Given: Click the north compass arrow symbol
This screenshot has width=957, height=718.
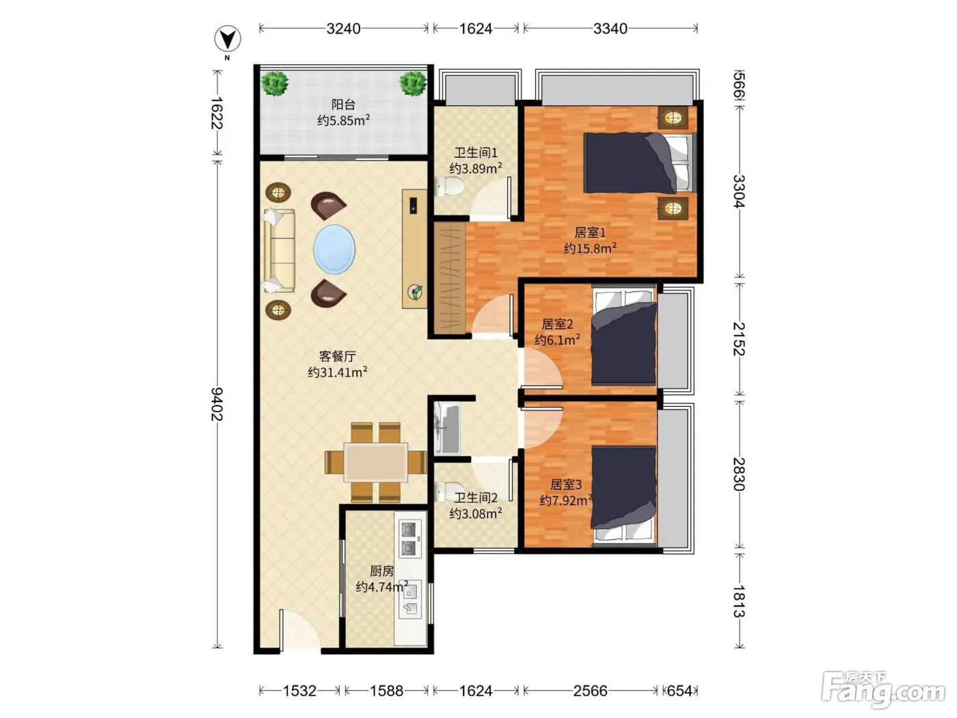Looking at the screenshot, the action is [228, 38].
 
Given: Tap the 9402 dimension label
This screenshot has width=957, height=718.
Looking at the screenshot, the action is [217, 403].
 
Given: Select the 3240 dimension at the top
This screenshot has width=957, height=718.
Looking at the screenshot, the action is [344, 29].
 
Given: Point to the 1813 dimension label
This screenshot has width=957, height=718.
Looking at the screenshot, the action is [738, 601].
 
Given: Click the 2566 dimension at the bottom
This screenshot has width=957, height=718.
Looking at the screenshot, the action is [591, 691].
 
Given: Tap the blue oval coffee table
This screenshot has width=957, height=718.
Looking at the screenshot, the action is [334, 250].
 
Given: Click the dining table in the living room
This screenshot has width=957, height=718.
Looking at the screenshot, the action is [376, 462].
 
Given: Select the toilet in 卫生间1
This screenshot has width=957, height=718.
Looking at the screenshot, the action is [449, 186].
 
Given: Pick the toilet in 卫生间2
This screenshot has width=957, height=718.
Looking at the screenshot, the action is [449, 491].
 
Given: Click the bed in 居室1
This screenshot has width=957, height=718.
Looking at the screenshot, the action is [638, 163].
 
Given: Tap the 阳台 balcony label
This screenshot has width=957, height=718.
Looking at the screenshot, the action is [344, 104].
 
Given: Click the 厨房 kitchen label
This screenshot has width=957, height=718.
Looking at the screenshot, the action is [381, 571].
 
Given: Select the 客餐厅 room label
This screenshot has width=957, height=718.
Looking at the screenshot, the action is [338, 356].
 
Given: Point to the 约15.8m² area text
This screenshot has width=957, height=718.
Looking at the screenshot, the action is [590, 248].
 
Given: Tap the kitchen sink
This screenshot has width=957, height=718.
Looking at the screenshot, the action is [410, 600].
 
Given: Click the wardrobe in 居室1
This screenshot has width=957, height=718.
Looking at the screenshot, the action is [450, 278].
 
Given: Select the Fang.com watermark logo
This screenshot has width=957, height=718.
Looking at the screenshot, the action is [883, 689].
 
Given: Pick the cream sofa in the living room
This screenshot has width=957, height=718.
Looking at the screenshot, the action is [279, 251].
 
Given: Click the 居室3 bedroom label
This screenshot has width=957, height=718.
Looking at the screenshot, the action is [566, 484].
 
